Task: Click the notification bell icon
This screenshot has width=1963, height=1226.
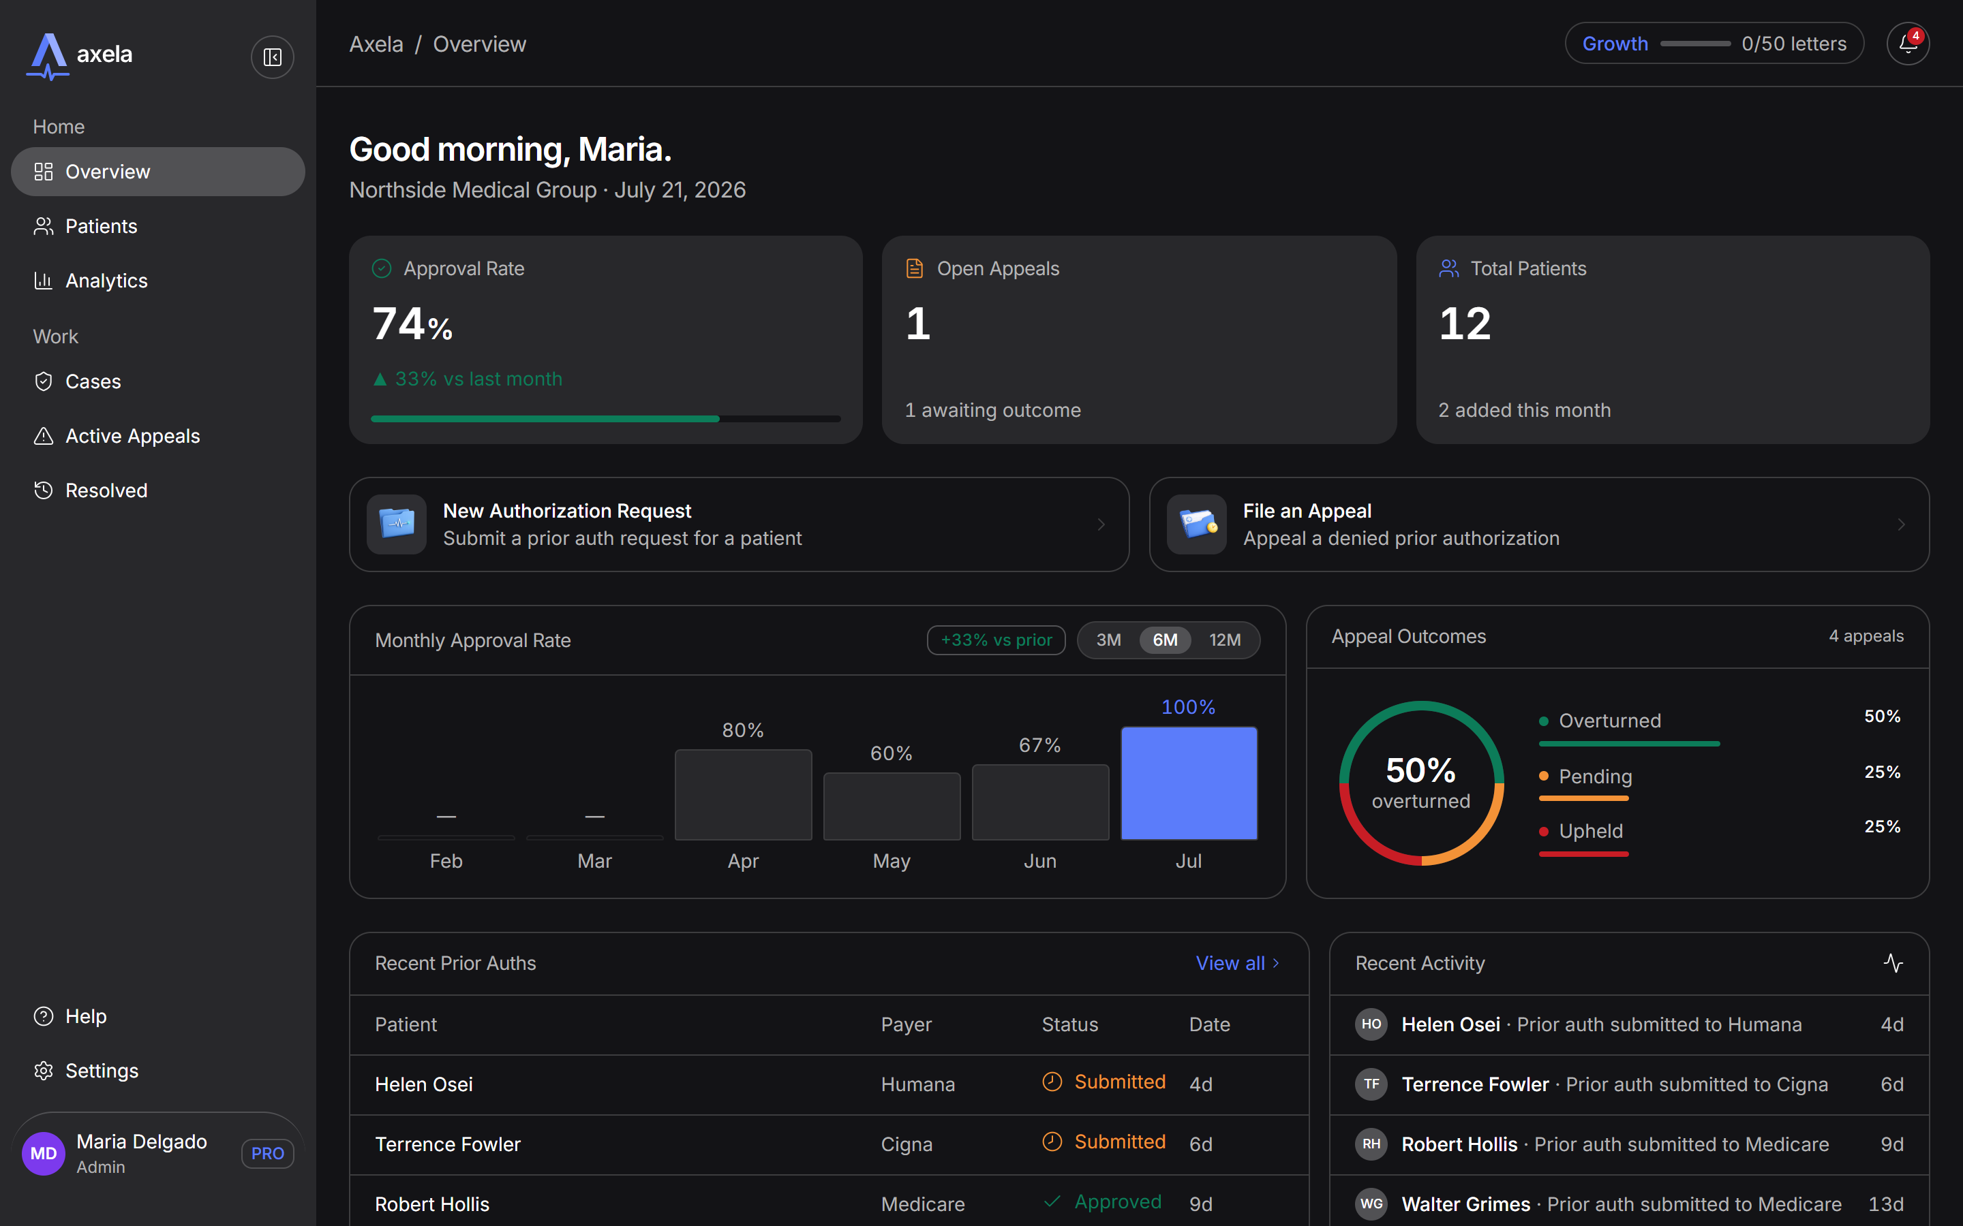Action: (1907, 44)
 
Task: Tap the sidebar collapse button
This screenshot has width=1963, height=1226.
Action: (273, 57)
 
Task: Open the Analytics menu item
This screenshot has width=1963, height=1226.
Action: (106, 281)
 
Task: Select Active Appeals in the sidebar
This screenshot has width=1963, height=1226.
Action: (132, 436)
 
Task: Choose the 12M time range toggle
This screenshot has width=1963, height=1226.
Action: (1225, 640)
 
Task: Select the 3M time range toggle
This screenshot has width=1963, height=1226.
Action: (1109, 640)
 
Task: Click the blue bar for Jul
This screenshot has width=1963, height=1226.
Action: (1188, 783)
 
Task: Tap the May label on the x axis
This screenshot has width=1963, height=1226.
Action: (892, 861)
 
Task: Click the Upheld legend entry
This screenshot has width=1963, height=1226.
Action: (1591, 831)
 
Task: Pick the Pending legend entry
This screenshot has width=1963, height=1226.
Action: (1595, 776)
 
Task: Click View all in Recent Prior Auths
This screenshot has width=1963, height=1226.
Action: (1237, 963)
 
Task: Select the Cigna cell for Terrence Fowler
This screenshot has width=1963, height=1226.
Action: (906, 1144)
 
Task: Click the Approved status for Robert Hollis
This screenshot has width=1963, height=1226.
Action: (1118, 1201)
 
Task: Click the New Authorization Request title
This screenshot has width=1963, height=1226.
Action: (567, 511)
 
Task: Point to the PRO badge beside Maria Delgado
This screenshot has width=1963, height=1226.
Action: (268, 1153)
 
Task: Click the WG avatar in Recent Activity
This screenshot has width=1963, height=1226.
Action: (1371, 1204)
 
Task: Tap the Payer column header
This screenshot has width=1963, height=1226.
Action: (906, 1025)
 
